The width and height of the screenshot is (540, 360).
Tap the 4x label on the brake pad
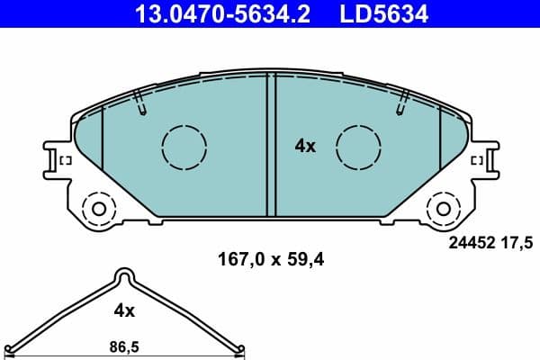tap(306, 146)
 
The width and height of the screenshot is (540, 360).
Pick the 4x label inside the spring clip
tap(124, 310)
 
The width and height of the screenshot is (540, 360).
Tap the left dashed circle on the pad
tap(184, 144)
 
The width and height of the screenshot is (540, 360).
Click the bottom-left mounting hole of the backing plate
tap(98, 209)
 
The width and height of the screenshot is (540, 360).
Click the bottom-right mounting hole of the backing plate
tap(443, 209)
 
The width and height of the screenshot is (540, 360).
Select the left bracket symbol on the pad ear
tap(65, 160)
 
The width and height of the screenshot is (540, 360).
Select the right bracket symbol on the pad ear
tap(477, 160)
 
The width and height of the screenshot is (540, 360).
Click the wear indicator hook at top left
tap(139, 103)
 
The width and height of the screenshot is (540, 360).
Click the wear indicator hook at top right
tap(401, 103)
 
